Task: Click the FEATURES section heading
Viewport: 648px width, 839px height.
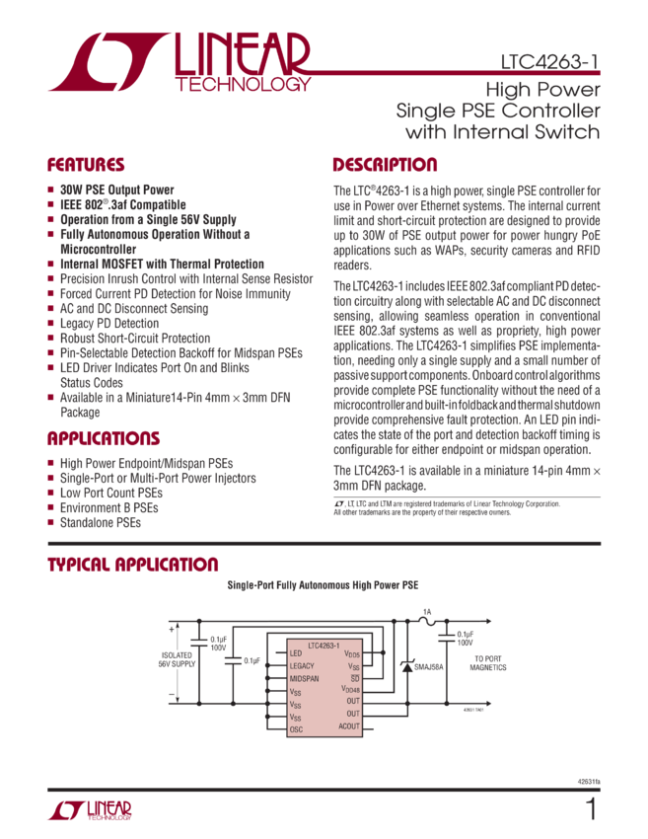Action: [87, 165]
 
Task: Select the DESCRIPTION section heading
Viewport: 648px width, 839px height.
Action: [384, 165]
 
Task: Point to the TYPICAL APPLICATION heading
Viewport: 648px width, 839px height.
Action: [134, 565]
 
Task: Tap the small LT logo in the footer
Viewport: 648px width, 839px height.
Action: [90, 810]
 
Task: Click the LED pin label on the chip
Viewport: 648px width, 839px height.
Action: [296, 653]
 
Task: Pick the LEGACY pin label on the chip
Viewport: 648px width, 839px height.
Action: [303, 666]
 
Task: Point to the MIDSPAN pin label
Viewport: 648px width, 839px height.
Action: [305, 679]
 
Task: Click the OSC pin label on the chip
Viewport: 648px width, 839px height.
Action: [297, 729]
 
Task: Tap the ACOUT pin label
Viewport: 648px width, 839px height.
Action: [349, 725]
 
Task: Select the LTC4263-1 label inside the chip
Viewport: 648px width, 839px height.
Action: [324, 644]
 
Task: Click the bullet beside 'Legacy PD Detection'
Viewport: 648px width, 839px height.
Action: [50, 323]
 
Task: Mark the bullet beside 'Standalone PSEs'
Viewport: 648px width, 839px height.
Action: [50, 522]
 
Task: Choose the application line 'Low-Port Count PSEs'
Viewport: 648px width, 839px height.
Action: [108, 493]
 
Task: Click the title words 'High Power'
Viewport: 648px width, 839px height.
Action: [541, 87]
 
